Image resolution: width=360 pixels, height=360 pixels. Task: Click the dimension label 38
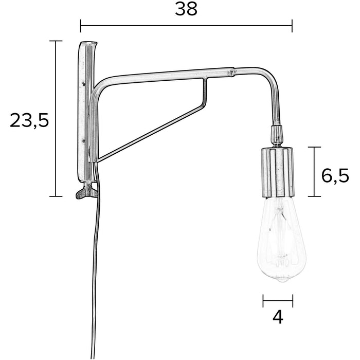pos(186,9)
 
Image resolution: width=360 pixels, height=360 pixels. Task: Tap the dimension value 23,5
pos(29,120)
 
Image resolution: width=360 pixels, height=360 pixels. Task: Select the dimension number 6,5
pos(335,175)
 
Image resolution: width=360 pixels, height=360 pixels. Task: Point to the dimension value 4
pos(278,317)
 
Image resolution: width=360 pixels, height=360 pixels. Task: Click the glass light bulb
pos(281,242)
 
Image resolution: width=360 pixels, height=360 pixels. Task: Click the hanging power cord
pos(95,267)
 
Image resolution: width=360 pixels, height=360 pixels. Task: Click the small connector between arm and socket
pos(277,135)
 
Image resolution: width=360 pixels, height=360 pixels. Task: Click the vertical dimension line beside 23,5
pos(56,118)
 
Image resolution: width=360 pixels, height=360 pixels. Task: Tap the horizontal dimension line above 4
pos(278,301)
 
